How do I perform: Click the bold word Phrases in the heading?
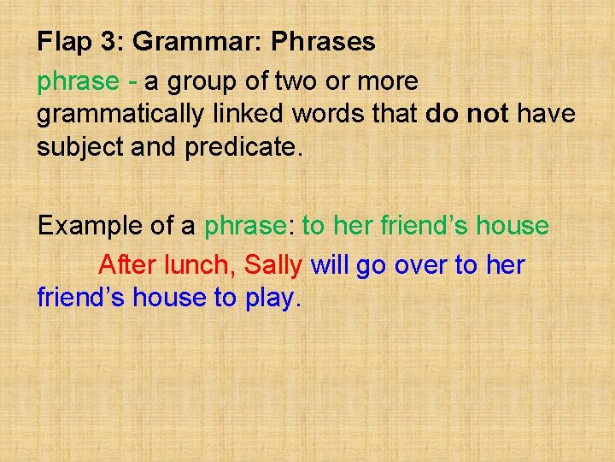pyautogui.click(x=322, y=42)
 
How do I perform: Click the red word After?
pyautogui.click(x=126, y=265)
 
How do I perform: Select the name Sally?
pyautogui.click(x=273, y=265)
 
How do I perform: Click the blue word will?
pyautogui.click(x=330, y=265)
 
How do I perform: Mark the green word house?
pyautogui.click(x=512, y=227)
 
